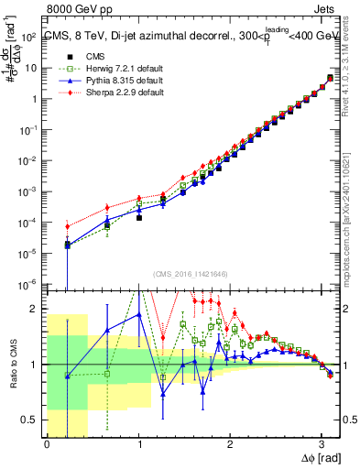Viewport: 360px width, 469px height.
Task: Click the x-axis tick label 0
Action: click(47, 443)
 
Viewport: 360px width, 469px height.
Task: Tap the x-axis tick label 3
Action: click(322, 443)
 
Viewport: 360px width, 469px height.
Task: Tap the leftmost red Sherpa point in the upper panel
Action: click(67, 226)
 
